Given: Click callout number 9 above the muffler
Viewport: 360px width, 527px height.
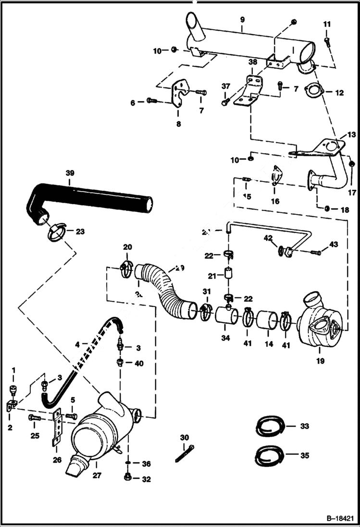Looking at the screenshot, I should click(242, 20).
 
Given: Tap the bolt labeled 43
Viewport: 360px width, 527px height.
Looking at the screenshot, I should click(316, 252).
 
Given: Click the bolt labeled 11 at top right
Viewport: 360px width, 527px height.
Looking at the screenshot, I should click(327, 42).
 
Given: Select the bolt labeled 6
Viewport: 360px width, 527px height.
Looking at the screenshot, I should click(151, 101).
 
